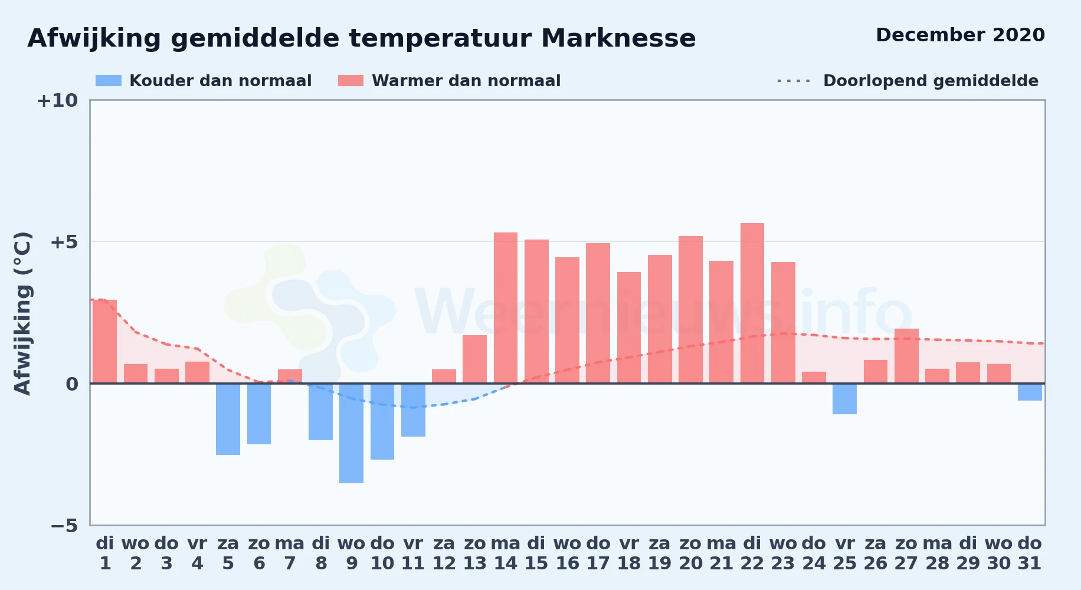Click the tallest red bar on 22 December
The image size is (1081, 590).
tap(752, 303)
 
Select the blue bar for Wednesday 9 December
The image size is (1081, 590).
tap(351, 433)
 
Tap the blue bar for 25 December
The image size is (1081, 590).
tap(844, 399)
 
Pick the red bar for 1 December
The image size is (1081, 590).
tap(104, 342)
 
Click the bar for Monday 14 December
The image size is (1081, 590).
tap(506, 308)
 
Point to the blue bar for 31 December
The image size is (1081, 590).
tap(1030, 392)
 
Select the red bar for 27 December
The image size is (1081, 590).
tap(906, 356)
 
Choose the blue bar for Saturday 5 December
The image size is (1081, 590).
tap(228, 419)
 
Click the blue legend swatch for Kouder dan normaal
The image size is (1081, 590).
tap(109, 81)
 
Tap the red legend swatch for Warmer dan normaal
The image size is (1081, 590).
tap(350, 81)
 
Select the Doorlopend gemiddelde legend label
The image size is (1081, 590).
tap(931, 81)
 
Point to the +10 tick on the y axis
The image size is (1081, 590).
tap(57, 100)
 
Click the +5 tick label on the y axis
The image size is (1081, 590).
tap(64, 242)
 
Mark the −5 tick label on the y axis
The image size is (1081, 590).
tap(64, 525)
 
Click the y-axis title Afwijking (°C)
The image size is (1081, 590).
tap(22, 313)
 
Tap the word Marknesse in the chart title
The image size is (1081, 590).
tap(618, 38)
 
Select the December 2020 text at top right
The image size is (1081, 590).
tap(960, 35)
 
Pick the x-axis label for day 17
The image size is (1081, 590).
tap(598, 553)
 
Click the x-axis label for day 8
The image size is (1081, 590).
tap(320, 553)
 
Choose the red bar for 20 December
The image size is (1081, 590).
tap(690, 310)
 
